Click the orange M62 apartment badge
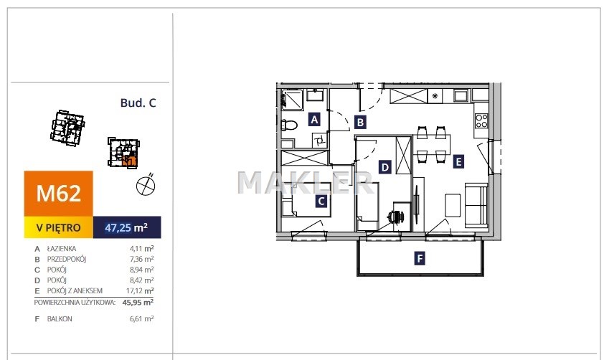59,194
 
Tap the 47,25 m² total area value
126,227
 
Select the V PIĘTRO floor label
59,227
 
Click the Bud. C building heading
138,103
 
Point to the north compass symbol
146,185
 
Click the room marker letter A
314,120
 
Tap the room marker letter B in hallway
360,123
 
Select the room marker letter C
321,201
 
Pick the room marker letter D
384,168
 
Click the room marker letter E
458,161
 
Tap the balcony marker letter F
420,258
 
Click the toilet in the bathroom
289,125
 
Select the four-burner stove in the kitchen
481,120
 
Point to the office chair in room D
397,217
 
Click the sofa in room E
476,205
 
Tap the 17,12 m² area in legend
140,290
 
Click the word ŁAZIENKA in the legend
62,249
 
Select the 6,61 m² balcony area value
142,319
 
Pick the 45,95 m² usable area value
138,302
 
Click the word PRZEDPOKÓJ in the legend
67,259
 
